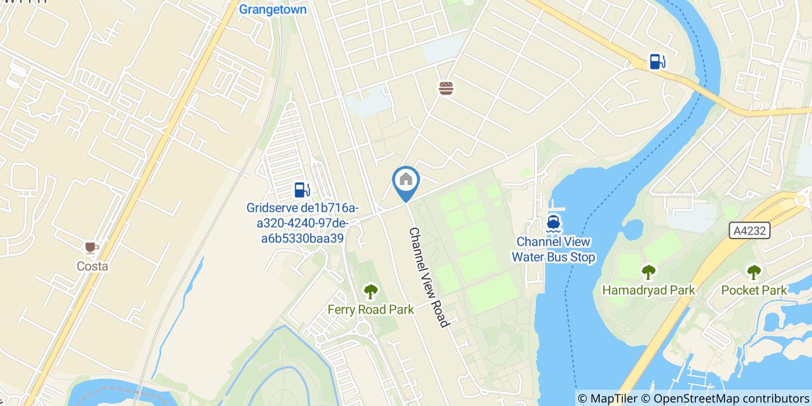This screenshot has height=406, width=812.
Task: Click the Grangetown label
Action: pos(273,9)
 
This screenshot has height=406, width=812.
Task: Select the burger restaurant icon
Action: pos(446,88)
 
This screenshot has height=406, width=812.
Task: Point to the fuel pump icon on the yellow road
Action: pos(657,61)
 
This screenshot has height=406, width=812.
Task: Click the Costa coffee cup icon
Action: pos(92,248)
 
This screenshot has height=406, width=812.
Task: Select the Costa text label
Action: pos(92,266)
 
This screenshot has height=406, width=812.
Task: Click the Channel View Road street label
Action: pos(429,277)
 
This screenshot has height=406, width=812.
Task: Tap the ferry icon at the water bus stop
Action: pos(553,223)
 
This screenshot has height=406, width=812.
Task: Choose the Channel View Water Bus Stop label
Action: pos(553,249)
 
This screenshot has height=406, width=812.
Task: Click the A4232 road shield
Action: pos(749,231)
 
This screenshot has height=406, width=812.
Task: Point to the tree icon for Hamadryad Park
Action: pos(648,271)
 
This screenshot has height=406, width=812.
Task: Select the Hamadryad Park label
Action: pos(648,289)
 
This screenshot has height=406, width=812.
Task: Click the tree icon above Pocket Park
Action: pos(753,271)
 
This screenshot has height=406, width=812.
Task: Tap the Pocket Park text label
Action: pos(754,290)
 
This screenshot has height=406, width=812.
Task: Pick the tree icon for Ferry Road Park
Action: pos(371,291)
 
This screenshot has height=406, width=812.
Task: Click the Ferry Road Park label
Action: pos(371,310)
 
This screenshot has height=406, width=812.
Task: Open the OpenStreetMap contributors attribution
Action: pos(730,398)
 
